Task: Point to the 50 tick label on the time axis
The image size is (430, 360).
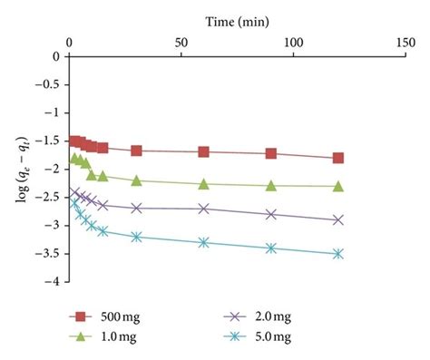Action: [181, 42]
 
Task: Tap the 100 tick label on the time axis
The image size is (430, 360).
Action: [293, 42]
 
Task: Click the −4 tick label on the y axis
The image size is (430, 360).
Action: [52, 282]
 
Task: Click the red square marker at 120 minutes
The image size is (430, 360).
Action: [338, 158]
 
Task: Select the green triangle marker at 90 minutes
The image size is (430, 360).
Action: [271, 185]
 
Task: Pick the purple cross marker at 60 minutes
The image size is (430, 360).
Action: [203, 209]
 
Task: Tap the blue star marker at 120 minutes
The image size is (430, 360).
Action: [338, 254]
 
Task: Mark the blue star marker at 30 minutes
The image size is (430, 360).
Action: [136, 237]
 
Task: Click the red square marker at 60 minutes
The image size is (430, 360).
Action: [203, 151]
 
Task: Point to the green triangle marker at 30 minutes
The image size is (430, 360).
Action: [136, 180]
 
